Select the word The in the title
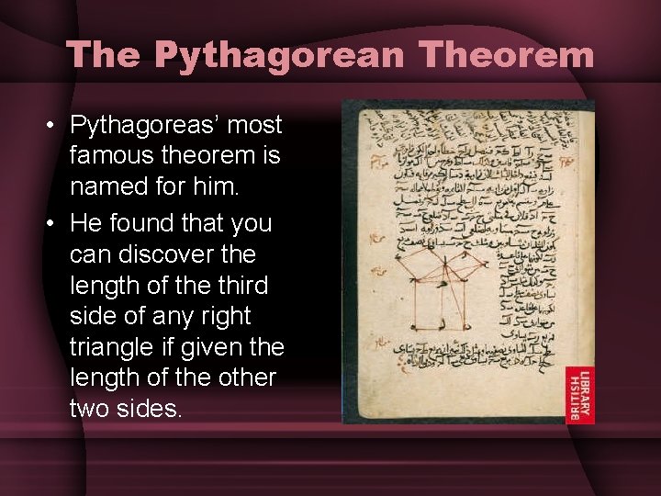click(101, 55)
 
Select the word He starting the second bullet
click(87, 222)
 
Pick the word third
click(242, 285)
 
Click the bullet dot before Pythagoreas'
click(55, 126)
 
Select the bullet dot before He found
click(55, 223)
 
